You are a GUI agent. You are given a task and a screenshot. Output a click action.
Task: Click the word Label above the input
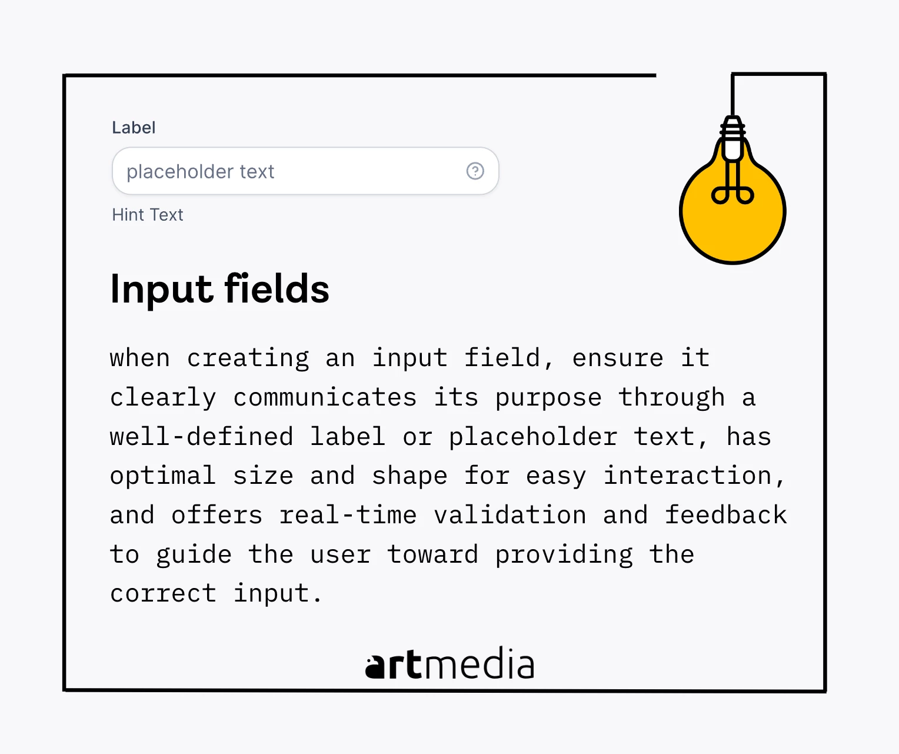pyautogui.click(x=134, y=128)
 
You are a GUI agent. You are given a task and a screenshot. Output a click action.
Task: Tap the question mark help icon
pyautogui.click(x=475, y=171)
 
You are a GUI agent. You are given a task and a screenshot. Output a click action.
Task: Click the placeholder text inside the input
pyautogui.click(x=200, y=172)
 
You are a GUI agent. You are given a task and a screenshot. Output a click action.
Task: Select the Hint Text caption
pyautogui.click(x=147, y=215)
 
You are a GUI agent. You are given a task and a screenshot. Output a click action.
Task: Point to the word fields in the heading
pyautogui.click(x=277, y=288)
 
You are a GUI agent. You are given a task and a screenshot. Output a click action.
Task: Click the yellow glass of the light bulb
pyautogui.click(x=732, y=228)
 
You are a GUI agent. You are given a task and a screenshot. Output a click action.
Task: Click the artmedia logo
pyautogui.click(x=449, y=663)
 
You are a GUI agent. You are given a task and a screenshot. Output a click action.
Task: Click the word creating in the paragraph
pyautogui.click(x=248, y=358)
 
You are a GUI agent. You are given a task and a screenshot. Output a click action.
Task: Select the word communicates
pyautogui.click(x=325, y=397)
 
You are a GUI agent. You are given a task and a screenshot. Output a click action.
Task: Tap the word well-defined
pyautogui.click(x=201, y=436)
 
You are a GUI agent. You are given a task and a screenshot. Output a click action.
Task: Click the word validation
pyautogui.click(x=510, y=515)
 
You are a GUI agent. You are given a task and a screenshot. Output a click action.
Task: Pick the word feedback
pyautogui.click(x=726, y=515)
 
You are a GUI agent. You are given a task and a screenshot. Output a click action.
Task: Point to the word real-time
pyautogui.click(x=348, y=515)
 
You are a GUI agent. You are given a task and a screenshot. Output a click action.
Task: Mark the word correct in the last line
pyautogui.click(x=163, y=594)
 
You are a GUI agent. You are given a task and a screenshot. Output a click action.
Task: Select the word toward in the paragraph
pyautogui.click(x=432, y=554)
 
